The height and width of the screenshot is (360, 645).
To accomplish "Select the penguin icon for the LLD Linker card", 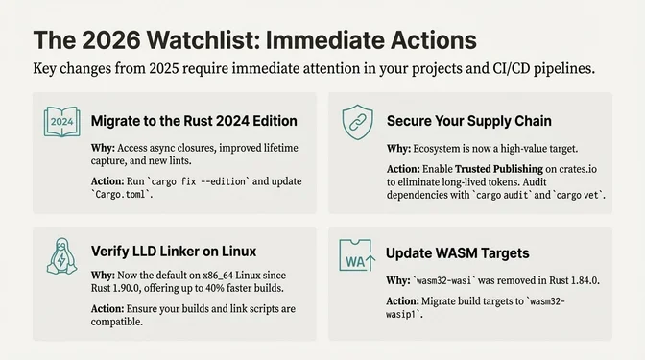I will pos(60,254).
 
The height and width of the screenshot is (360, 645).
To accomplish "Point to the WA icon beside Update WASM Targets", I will pos(355,256).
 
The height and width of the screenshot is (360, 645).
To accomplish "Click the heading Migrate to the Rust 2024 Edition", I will pos(193,122).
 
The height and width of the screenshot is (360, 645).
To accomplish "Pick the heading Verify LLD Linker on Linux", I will pos(174,252).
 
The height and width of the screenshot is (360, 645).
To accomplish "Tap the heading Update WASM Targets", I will pos(459,254).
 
